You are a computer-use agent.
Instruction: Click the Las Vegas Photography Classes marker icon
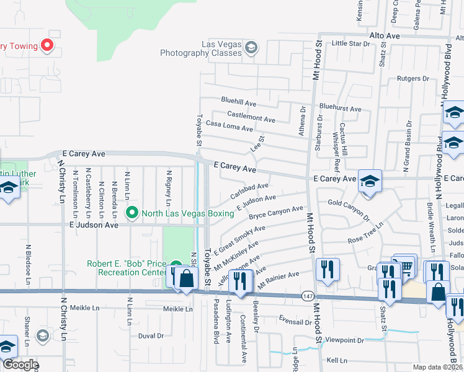(251, 48)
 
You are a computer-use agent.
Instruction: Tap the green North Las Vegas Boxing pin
(132, 213)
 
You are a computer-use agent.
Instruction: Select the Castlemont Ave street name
(251, 117)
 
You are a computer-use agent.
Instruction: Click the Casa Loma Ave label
(230, 126)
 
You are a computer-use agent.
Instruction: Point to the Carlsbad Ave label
(249, 189)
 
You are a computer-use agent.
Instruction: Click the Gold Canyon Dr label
(349, 211)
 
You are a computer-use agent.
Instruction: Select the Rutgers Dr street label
(413, 79)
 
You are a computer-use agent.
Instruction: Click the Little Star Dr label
(350, 43)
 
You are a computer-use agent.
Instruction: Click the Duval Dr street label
(151, 336)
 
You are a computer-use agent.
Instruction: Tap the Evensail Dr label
(295, 322)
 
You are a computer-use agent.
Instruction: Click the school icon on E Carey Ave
(370, 181)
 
